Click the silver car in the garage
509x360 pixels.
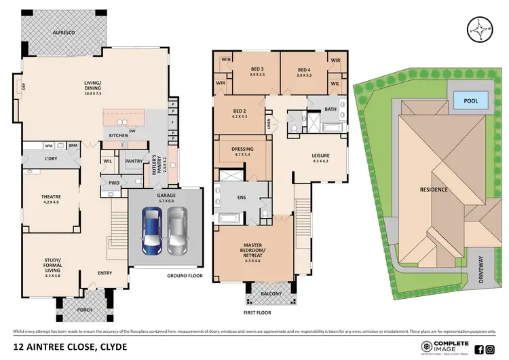176,230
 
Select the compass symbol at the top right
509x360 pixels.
480,30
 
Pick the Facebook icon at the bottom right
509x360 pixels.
479,349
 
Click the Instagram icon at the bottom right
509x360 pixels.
490,349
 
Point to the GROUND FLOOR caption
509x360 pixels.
185,276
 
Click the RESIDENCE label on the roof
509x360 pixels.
434,190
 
